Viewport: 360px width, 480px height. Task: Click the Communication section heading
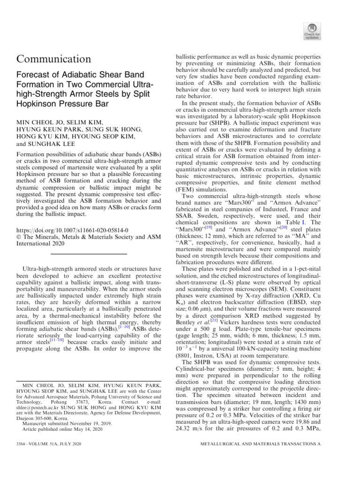(54, 59)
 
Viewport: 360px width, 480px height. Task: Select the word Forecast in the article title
(35, 75)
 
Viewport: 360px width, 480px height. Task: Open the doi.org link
(72, 231)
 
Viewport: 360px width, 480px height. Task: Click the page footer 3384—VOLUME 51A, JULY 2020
(48, 456)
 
